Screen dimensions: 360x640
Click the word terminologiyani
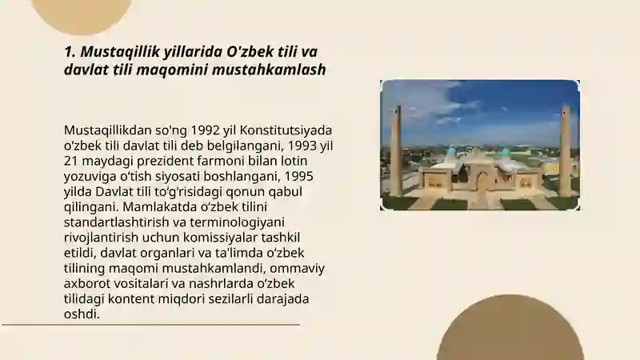(241, 222)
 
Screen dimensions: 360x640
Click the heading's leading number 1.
(69, 52)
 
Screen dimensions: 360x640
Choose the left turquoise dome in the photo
(450, 152)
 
